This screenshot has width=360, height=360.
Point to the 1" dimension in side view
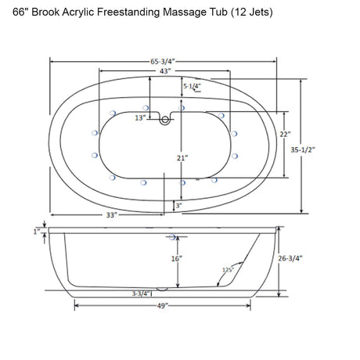(x=37, y=232)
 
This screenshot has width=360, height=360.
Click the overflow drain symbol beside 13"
(x=164, y=119)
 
